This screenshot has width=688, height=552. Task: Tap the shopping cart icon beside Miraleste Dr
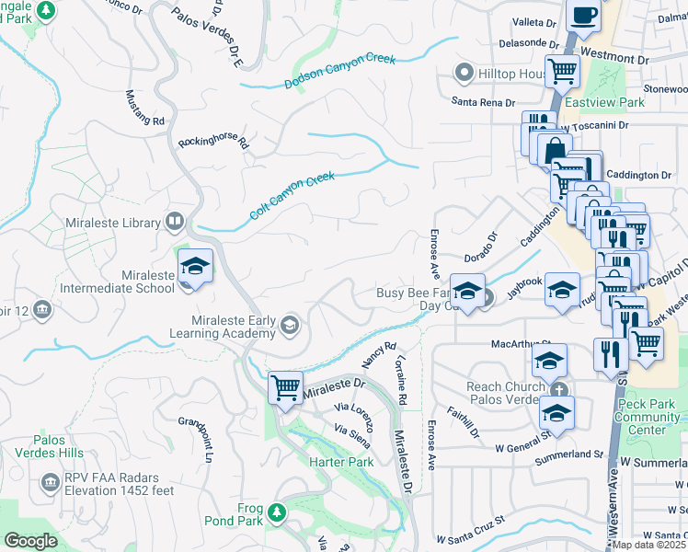click(286, 387)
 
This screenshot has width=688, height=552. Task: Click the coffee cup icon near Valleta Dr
click(583, 15)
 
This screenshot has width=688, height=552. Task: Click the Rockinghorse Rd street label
click(213, 142)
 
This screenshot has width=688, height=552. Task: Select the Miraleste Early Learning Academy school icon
click(290, 323)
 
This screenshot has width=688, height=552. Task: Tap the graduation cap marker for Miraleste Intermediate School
click(195, 266)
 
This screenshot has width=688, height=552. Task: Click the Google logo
click(31, 541)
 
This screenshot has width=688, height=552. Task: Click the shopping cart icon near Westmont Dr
click(562, 69)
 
